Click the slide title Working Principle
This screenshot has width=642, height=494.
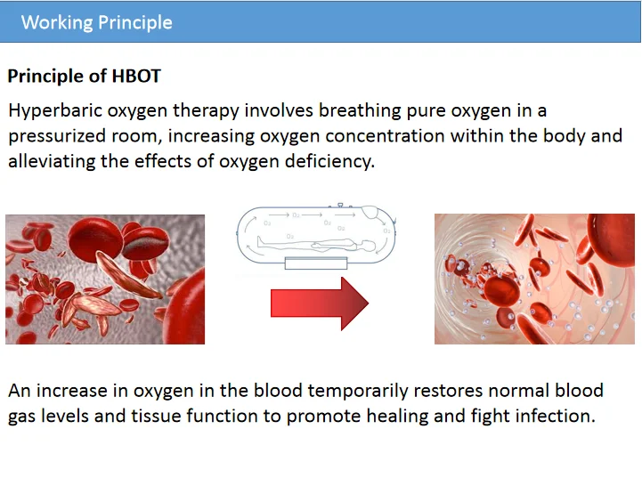97,22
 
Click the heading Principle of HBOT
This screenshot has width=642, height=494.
85,77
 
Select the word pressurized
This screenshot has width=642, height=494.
56,136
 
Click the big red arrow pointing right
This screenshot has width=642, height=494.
320,304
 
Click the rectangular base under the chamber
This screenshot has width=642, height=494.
316,263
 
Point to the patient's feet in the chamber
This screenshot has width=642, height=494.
260,242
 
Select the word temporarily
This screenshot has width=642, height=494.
358,392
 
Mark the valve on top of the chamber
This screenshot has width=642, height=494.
340,205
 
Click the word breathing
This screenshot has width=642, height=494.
360,111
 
